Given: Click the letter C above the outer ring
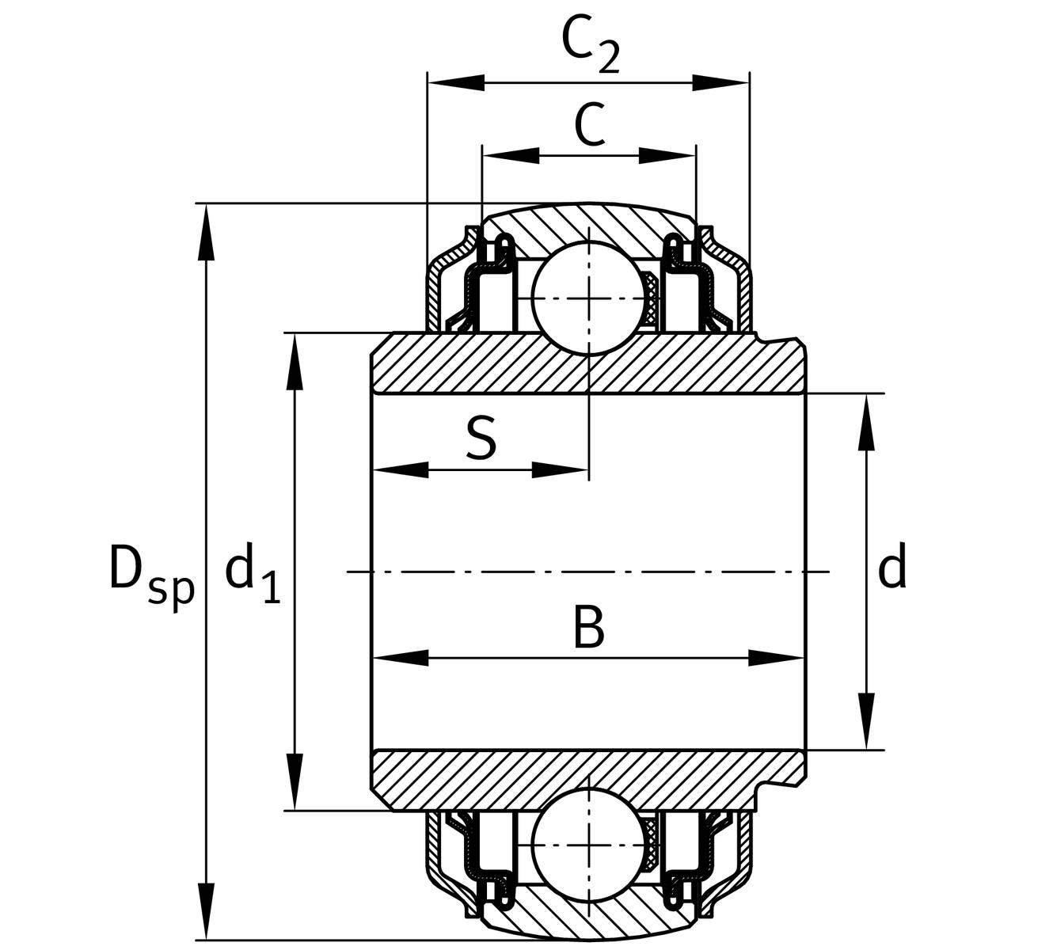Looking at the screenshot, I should pyautogui.click(x=590, y=125).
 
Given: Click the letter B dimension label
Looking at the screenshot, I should pyautogui.click(x=588, y=627).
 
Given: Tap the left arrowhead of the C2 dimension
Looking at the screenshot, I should pyautogui.click(x=455, y=82).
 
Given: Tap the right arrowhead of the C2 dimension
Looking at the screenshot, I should pyautogui.click(x=720, y=82).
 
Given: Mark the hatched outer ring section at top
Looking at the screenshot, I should pyautogui.click(x=590, y=226).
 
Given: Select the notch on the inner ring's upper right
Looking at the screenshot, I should pyautogui.click(x=766, y=340).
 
